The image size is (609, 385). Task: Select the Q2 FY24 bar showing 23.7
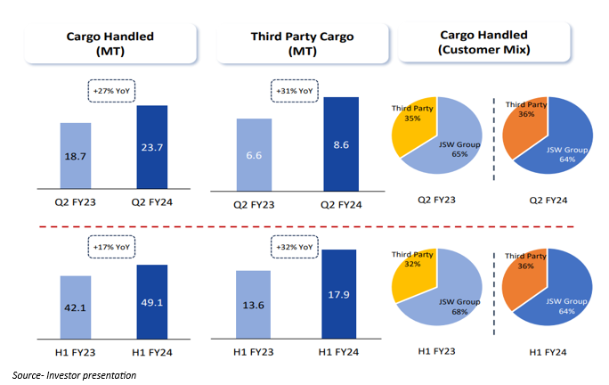pos(158,146)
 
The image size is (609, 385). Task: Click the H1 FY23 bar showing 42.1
pos(75,307)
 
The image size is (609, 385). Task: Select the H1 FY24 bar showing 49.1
pos(158,302)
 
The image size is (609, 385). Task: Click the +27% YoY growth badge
pos(112,90)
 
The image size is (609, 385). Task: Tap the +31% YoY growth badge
pos(294,90)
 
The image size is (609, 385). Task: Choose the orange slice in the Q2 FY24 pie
pos(526,125)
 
